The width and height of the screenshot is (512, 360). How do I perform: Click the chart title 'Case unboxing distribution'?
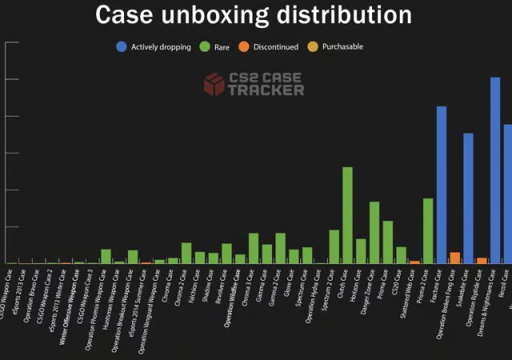(x=254, y=14)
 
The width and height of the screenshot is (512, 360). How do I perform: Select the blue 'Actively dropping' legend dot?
(x=121, y=47)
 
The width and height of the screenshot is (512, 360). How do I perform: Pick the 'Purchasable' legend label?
(x=342, y=47)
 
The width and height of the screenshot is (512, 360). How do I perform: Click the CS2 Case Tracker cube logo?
(x=214, y=84)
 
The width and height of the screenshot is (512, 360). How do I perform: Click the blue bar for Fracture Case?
(x=441, y=184)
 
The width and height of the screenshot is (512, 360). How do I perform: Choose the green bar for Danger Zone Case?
(x=374, y=232)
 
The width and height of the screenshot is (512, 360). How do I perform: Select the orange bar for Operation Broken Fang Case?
(x=454, y=258)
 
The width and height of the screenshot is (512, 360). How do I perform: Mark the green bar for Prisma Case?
(x=387, y=242)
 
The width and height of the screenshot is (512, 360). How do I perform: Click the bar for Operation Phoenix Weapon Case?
(x=106, y=256)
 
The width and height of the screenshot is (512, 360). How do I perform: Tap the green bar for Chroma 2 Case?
(x=186, y=253)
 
